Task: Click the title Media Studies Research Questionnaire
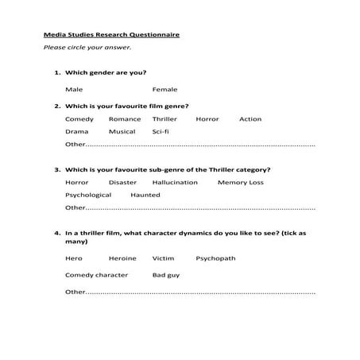(111, 35)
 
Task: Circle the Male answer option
(74, 89)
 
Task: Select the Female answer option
(165, 89)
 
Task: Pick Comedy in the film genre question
(79, 119)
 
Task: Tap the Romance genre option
(125, 119)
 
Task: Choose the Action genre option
(250, 119)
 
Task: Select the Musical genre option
(122, 131)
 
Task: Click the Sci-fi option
(161, 131)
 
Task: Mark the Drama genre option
(77, 131)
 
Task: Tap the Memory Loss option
(240, 182)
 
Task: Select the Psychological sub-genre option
(88, 195)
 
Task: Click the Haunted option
(145, 195)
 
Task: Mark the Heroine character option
(122, 258)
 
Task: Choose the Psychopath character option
(215, 258)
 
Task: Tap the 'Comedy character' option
(96, 275)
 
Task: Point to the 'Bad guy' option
(166, 275)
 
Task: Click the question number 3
(57, 169)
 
